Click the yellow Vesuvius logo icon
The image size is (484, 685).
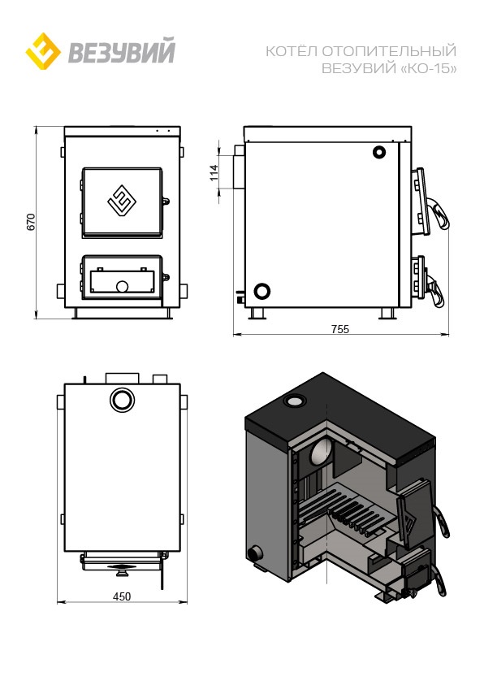[43, 51]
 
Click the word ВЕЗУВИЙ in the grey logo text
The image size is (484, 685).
[121, 51]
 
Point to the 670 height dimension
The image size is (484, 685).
[30, 222]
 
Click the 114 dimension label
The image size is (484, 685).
[214, 172]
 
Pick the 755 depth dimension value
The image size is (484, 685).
[340, 329]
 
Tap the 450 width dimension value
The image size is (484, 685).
[122, 596]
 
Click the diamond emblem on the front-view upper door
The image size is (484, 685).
[120, 201]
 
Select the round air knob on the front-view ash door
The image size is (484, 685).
[122, 287]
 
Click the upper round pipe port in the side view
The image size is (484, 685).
[378, 152]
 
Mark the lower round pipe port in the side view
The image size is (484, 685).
[261, 291]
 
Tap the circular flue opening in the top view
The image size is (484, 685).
[122, 400]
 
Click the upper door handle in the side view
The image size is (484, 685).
[439, 214]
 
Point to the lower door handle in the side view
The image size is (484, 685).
[435, 289]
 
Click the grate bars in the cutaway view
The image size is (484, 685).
[345, 511]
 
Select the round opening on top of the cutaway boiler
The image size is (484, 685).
[295, 401]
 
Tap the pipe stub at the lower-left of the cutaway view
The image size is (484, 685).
[254, 553]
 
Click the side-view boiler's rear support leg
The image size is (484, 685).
[258, 313]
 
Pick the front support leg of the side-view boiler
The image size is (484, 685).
[387, 313]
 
